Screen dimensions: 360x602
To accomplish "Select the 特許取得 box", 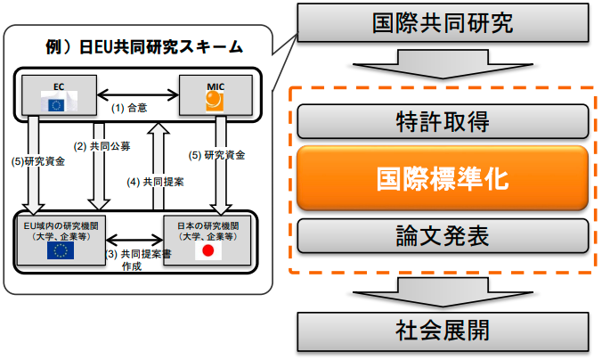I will coord(442,120).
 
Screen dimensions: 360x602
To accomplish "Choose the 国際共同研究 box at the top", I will coord(442,23).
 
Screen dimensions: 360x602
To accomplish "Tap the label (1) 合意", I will coord(130,108).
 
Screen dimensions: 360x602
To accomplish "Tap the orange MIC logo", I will coord(214,101).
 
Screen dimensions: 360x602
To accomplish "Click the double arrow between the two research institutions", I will coord(133,240).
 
